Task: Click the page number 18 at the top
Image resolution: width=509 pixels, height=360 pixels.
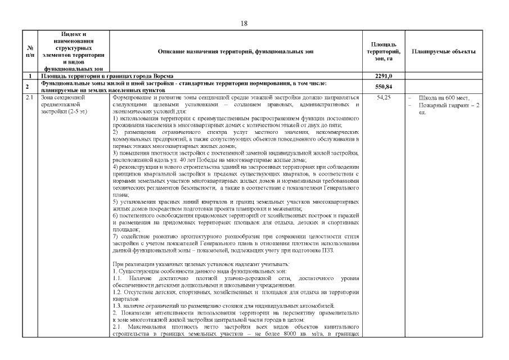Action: point(244,23)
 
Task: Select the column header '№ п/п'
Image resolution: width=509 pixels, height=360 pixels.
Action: point(29,51)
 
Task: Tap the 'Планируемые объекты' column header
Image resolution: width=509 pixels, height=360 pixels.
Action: point(443,51)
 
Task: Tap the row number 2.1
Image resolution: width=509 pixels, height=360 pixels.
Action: point(29,97)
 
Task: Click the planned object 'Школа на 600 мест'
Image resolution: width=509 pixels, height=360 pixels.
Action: point(444,98)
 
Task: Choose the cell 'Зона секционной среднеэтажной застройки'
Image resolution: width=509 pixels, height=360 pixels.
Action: point(62,105)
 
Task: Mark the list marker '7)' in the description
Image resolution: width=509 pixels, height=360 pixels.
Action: point(115,236)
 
